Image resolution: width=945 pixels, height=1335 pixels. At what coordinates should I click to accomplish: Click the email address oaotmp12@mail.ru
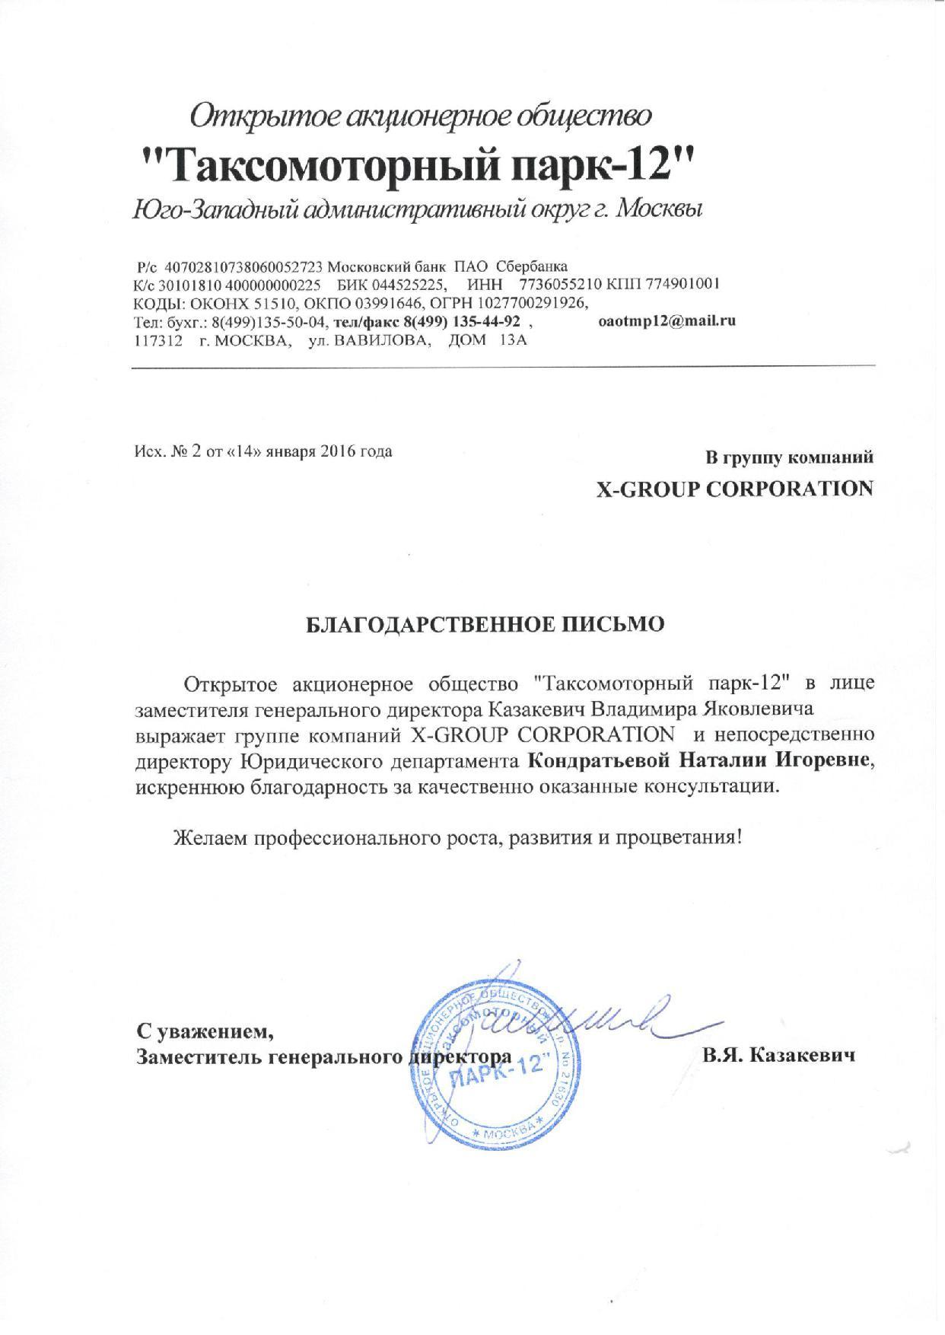coord(667,320)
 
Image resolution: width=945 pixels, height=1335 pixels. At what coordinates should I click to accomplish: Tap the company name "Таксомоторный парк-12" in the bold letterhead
coord(419,164)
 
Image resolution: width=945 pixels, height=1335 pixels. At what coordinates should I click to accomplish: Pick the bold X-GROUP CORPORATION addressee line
coord(733,489)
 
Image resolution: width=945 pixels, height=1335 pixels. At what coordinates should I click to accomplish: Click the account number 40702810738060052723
coord(244,266)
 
